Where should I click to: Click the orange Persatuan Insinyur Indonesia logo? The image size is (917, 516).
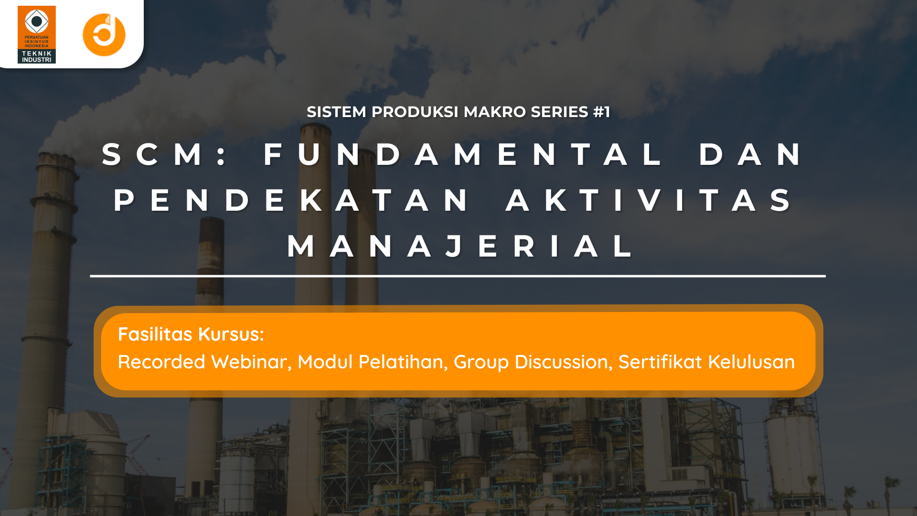click(37, 34)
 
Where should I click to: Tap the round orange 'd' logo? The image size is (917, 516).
click(104, 35)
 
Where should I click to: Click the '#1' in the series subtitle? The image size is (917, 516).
click(601, 112)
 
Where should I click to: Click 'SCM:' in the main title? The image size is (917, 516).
click(165, 154)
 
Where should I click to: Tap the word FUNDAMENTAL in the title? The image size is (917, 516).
click(462, 154)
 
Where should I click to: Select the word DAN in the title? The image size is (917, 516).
click(751, 154)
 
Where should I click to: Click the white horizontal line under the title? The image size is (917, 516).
click(458, 276)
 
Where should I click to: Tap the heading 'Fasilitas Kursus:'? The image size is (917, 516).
click(191, 334)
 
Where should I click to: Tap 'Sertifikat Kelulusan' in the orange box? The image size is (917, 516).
click(706, 362)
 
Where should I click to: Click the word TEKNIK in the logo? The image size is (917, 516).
click(37, 54)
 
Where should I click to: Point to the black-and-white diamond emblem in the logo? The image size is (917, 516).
click(37, 21)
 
